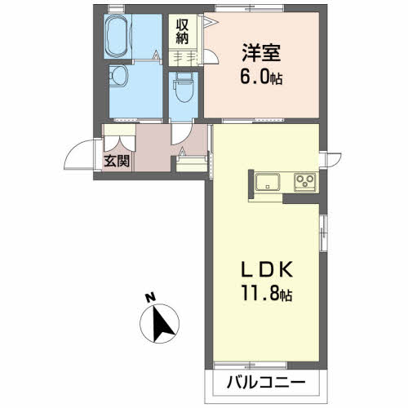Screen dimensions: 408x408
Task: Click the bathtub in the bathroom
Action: [122, 37]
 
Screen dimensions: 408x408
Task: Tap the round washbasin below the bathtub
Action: [119, 77]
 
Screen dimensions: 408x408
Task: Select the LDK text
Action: [262, 268]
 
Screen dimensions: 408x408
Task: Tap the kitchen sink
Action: [268, 181]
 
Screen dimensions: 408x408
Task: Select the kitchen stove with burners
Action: [305, 181]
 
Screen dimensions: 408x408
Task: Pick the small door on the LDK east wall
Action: [328, 160]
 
